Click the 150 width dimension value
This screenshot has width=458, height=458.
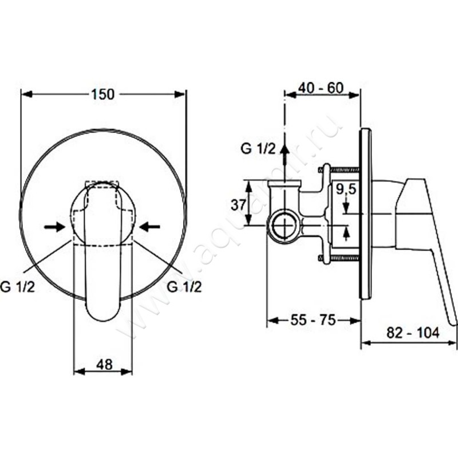tap(103, 94)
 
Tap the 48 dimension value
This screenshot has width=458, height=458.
tap(104, 364)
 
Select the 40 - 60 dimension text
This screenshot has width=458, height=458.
tap(321, 88)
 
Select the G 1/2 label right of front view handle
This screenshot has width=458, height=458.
tap(184, 287)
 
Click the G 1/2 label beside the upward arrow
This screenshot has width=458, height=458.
tap(258, 149)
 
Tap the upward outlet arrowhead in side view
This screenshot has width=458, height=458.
tap(285, 150)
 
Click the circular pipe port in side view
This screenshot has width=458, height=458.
tap(283, 226)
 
